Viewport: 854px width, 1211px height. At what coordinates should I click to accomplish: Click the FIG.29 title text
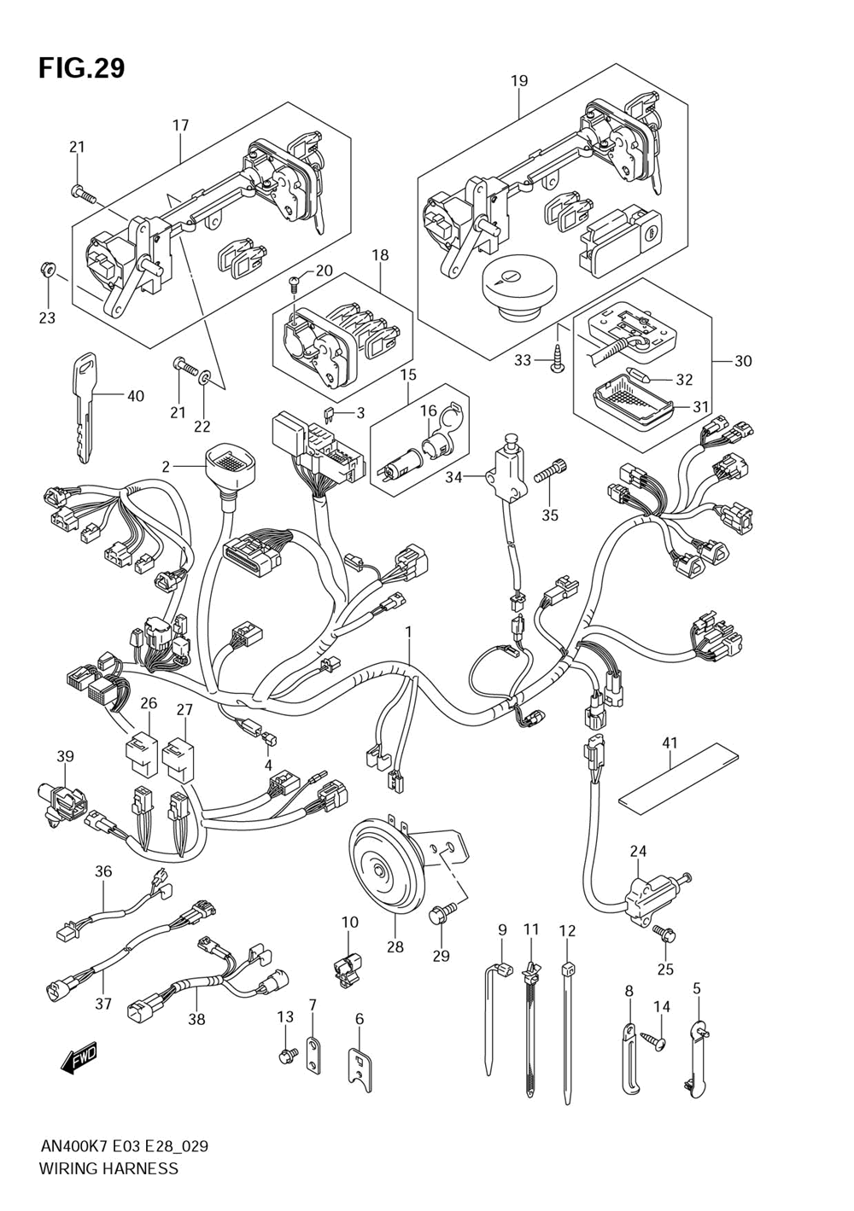(81, 67)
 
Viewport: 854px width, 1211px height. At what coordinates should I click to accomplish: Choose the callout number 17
(180, 125)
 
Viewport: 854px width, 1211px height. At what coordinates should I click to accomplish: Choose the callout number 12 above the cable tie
(568, 929)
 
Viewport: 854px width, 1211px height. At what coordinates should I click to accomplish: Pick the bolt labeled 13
(286, 1057)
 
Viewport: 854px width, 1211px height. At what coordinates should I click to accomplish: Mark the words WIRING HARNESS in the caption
(108, 1168)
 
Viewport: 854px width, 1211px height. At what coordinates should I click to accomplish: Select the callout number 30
(743, 361)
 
